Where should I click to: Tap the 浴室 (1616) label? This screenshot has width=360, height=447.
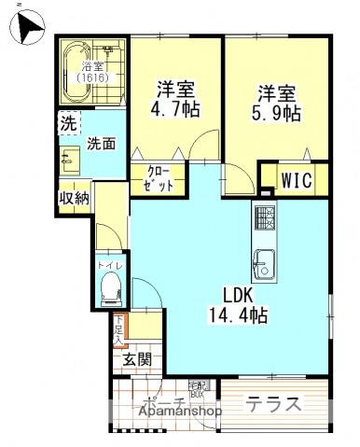(x=92, y=73)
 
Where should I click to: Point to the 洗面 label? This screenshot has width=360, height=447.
(x=102, y=145)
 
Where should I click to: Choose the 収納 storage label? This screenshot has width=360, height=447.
(x=74, y=197)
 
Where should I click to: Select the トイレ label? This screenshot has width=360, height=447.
(x=109, y=266)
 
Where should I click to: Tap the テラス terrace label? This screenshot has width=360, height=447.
(x=274, y=404)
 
